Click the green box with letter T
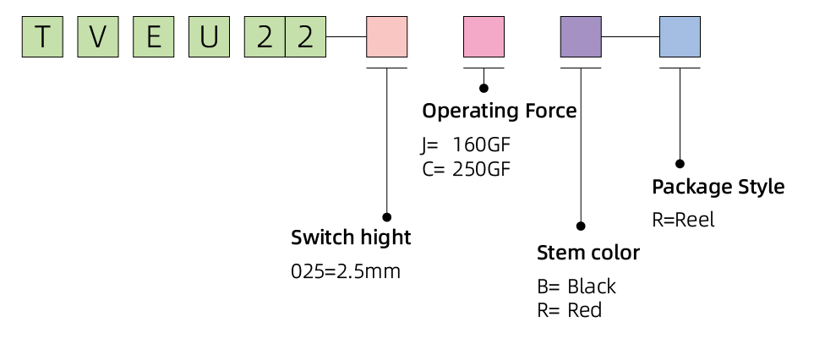(42, 37)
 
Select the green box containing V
(98, 37)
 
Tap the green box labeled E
(154, 37)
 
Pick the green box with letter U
(209, 37)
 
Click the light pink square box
(387, 37)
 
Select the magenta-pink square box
(484, 37)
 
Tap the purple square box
(581, 37)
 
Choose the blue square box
(680, 37)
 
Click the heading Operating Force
(500, 112)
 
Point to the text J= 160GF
(466, 145)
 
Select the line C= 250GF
(466, 169)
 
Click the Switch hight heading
(351, 237)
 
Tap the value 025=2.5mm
(346, 271)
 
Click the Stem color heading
(588, 253)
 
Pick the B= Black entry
(576, 286)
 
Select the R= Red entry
(569, 310)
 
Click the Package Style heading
(718, 188)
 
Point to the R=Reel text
(684, 220)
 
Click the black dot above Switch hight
(387, 217)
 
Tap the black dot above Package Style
(680, 164)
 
